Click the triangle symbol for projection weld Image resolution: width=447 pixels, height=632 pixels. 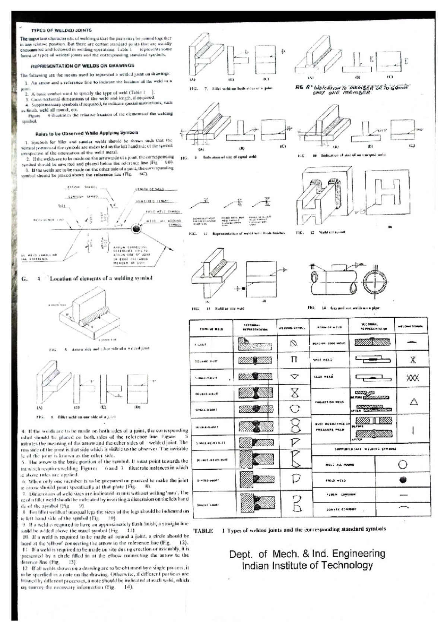[x=413, y=402]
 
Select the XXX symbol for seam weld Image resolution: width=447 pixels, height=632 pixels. [x=412, y=378]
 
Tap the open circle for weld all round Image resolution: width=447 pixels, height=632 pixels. [x=403, y=464]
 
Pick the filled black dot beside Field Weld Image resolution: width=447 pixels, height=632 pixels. [x=402, y=480]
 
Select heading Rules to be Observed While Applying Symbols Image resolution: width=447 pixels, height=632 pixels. [x=86, y=133]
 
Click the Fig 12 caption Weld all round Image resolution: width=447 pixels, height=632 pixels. [x=330, y=232]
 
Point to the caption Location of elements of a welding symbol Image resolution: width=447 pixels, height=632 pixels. [x=101, y=278]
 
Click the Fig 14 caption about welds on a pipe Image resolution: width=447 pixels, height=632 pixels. [x=355, y=308]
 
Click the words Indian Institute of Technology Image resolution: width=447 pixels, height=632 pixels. [x=307, y=565]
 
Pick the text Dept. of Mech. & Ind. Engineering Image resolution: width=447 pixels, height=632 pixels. [x=307, y=553]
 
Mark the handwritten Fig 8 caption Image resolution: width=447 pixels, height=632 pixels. [x=352, y=89]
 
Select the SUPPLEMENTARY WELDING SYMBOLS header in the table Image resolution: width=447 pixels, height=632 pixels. [x=365, y=449]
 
